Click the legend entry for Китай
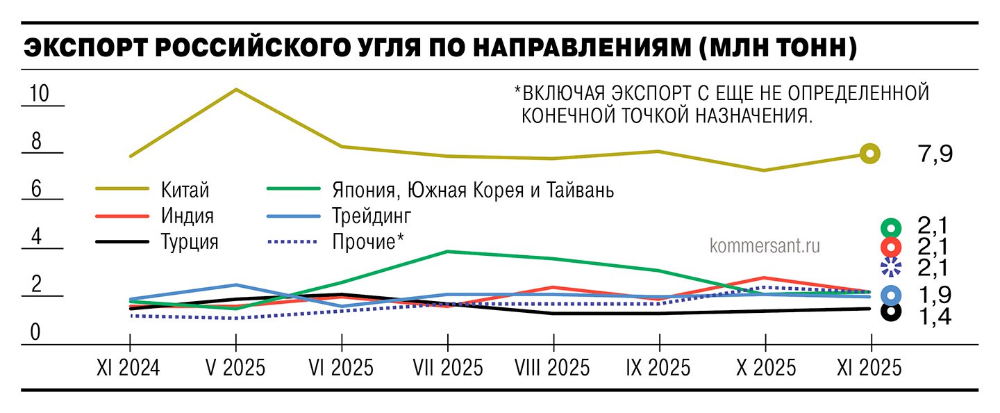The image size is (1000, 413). pos(185,189)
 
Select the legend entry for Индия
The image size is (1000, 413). pos(187,216)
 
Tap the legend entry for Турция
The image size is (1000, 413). pos(190,242)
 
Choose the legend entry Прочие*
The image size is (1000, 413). pos(368,242)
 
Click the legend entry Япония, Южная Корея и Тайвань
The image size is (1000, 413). pos(473,189)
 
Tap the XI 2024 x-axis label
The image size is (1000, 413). pos(129,368)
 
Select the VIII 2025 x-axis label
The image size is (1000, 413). pos(553,368)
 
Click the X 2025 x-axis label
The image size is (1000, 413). pos(765,368)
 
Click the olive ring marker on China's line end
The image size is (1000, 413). pos(870,154)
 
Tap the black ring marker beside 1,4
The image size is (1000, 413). pos(890,313)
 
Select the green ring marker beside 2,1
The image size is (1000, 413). pos(890,227)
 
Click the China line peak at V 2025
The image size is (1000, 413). pos(236,90)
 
